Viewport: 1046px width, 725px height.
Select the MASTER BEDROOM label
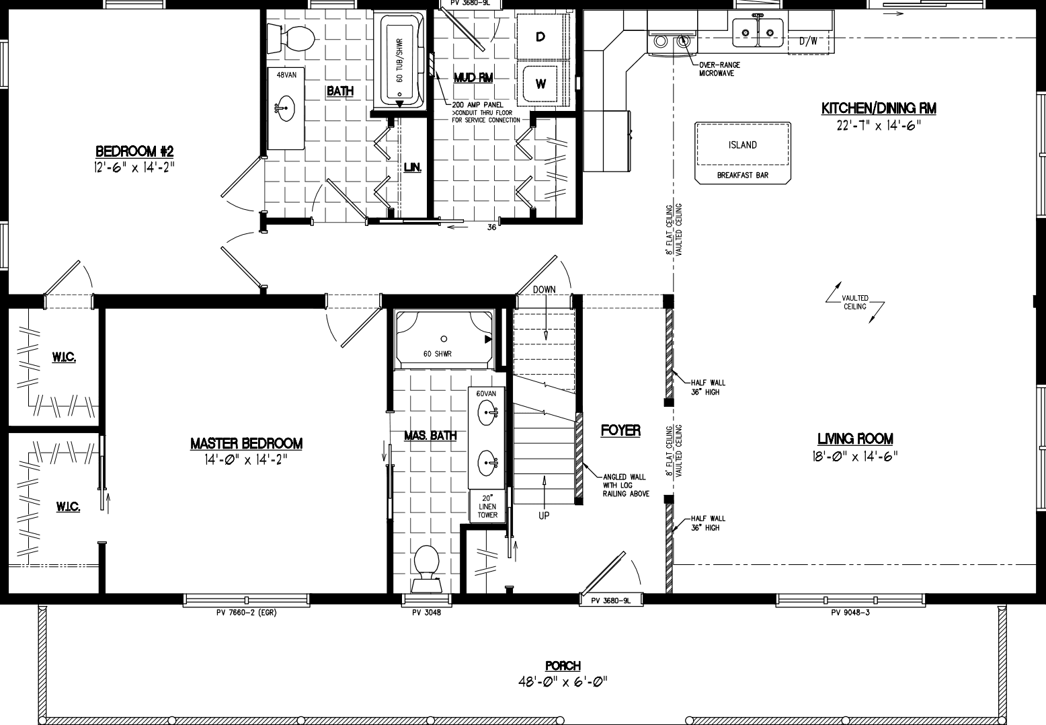tap(246, 443)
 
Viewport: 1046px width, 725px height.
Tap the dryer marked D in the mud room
tap(540, 37)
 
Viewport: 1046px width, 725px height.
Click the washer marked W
tap(540, 85)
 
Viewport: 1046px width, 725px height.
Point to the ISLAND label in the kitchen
tap(742, 145)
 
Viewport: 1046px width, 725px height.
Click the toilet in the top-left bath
tap(291, 38)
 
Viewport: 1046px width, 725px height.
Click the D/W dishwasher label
tap(808, 41)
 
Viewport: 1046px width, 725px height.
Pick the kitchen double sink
tap(758, 30)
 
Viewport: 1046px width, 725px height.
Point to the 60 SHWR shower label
tap(437, 354)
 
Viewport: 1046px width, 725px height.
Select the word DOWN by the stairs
tap(544, 290)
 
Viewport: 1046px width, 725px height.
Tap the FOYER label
tap(620, 430)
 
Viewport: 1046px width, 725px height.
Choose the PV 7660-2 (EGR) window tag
tap(246, 613)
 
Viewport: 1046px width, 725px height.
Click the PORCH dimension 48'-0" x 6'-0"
tap(563, 681)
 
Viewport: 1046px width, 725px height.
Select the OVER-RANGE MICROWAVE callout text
tap(719, 69)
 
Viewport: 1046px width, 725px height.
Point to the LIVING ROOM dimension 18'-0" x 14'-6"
tap(855, 456)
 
